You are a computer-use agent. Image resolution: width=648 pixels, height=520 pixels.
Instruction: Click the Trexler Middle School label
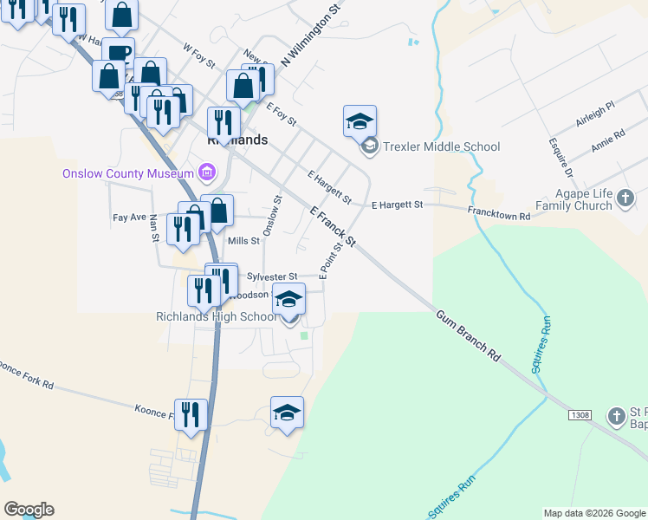pyautogui.click(x=441, y=146)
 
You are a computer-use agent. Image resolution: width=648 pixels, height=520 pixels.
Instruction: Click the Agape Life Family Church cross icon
pyautogui.click(x=625, y=200)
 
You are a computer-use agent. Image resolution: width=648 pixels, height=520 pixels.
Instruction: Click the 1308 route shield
pyautogui.click(x=580, y=416)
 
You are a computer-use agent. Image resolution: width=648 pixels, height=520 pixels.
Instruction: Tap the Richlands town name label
pyautogui.click(x=237, y=139)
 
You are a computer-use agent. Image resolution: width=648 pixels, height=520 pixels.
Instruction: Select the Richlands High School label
pyautogui.click(x=216, y=316)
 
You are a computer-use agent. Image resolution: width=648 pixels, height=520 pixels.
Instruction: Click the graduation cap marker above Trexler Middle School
pyautogui.click(x=360, y=121)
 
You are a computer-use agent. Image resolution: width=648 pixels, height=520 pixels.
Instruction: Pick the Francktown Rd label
pyautogui.click(x=499, y=212)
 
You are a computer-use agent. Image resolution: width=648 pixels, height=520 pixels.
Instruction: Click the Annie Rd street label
pyautogui.click(x=607, y=141)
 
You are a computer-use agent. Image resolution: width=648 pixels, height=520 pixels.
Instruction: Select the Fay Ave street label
pyautogui.click(x=129, y=218)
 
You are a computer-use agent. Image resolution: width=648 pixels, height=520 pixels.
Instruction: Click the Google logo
pyautogui.click(x=29, y=510)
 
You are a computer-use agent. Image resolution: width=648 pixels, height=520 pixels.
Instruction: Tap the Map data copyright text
pyautogui.click(x=593, y=513)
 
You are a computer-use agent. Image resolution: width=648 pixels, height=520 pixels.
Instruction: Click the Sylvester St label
pyautogui.click(x=271, y=276)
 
